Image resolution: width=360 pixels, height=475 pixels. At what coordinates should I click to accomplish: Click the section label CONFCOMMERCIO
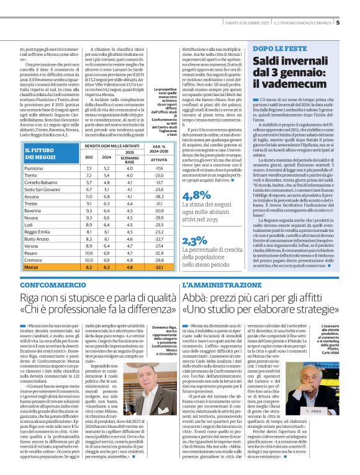point(50,283)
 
